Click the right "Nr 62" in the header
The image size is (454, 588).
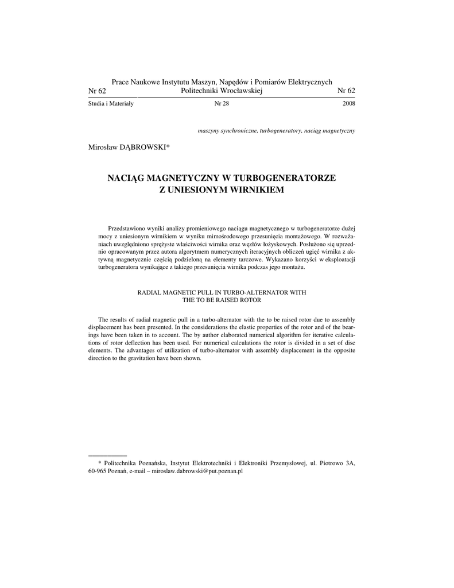point(346,91)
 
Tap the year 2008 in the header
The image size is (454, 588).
point(348,104)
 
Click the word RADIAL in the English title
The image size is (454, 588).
point(148,292)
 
